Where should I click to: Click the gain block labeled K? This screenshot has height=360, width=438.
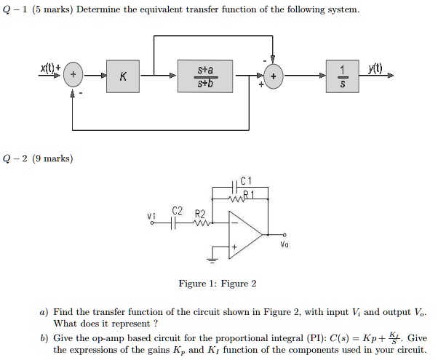pos(124,76)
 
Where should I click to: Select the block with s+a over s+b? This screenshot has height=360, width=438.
pos(206,76)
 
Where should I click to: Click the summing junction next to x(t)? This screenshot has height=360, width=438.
pos(73,76)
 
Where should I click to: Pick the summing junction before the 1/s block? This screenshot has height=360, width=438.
pos(274,76)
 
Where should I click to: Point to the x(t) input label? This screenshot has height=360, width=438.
pos(50,68)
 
